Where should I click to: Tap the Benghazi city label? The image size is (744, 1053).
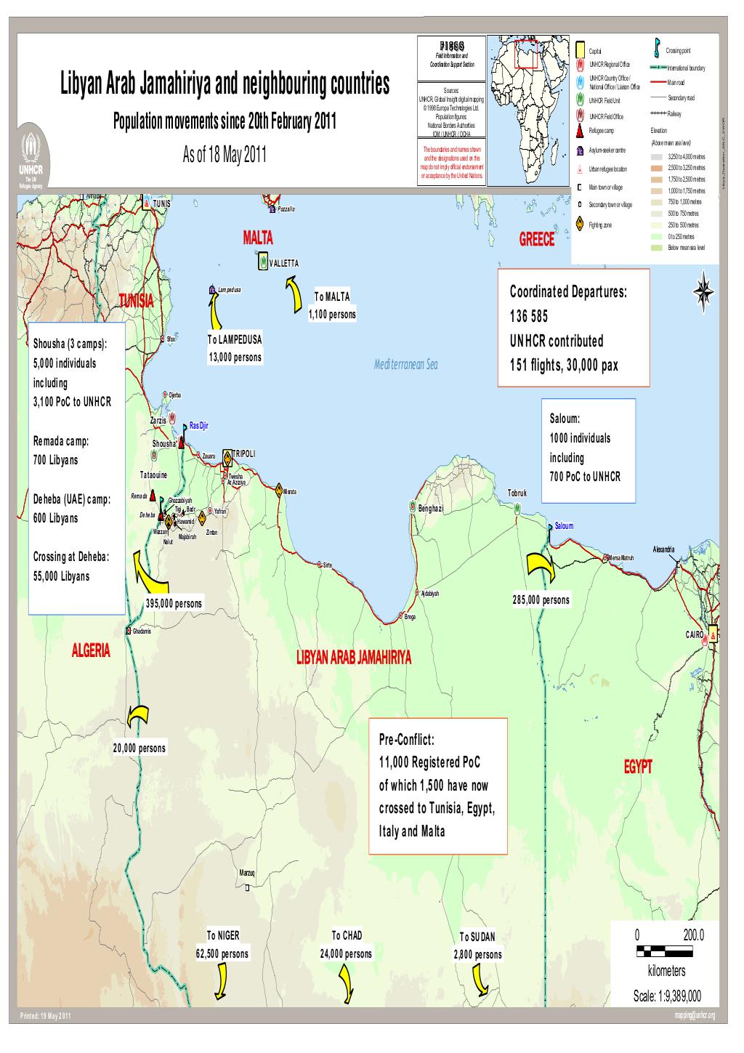click(431, 508)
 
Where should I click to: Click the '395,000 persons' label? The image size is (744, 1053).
click(174, 604)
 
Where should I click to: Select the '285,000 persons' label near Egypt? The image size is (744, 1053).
click(541, 600)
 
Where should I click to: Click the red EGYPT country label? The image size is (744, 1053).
click(638, 767)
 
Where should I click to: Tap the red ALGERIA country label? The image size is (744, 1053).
click(91, 650)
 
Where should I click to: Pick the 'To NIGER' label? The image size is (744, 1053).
click(222, 936)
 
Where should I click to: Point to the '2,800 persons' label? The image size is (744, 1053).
click(477, 955)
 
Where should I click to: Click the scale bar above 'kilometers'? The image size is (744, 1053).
click(666, 952)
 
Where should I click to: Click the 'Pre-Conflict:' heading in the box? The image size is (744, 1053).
click(406, 740)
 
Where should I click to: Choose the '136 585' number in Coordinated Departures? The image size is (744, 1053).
click(529, 317)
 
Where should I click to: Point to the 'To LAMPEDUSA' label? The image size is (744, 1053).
click(234, 339)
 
